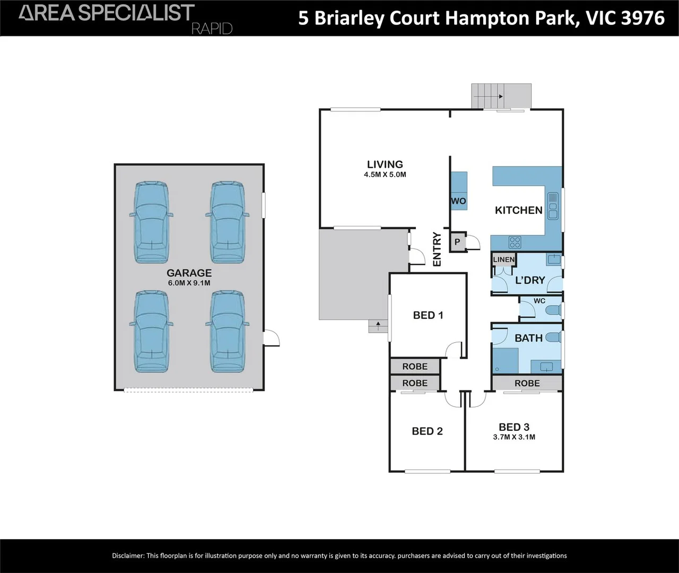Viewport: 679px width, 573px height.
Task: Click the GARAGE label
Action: click(x=189, y=273)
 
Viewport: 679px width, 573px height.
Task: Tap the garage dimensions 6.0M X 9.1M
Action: click(x=189, y=283)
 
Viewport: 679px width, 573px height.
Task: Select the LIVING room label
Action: click(x=385, y=164)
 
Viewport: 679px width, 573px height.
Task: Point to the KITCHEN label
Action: click(x=518, y=210)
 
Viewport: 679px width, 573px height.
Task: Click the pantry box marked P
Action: click(x=457, y=242)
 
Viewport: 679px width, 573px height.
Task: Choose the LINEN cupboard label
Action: click(x=503, y=259)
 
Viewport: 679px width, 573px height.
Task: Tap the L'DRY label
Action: click(x=530, y=280)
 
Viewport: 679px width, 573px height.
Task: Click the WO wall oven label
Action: click(x=458, y=201)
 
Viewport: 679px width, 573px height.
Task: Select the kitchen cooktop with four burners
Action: click(x=515, y=242)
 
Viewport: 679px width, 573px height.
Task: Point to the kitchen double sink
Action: click(x=553, y=206)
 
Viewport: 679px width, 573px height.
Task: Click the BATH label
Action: click(x=528, y=338)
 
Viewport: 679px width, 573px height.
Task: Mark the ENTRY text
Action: click(x=437, y=249)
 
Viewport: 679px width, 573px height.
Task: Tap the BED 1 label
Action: click(x=428, y=315)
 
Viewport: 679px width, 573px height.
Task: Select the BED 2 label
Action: click(x=427, y=431)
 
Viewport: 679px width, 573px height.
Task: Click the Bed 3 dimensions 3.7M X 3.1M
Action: click(x=513, y=437)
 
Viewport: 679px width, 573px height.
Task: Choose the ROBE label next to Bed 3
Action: click(x=527, y=383)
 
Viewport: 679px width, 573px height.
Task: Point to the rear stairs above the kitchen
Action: click(x=501, y=96)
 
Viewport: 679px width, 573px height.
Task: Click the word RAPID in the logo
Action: click(x=212, y=29)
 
